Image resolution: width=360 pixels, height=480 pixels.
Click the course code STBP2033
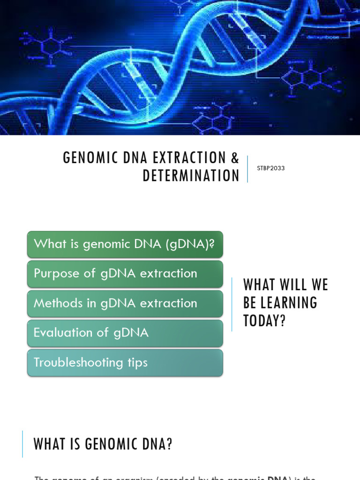coord(270,168)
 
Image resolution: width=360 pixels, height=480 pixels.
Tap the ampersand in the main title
coord(235,158)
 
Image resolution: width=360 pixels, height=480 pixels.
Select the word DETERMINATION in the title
coord(191,176)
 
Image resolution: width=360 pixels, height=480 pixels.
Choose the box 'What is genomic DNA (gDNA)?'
coord(125,244)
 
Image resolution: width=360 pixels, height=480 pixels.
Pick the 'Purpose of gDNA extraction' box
coord(125,274)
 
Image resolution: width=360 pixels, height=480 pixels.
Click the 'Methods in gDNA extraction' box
coord(125,303)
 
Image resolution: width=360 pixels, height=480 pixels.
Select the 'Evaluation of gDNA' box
coord(125,333)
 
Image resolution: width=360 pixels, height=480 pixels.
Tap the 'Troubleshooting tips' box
coord(125,362)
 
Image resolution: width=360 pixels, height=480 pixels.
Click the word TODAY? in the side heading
coord(264,321)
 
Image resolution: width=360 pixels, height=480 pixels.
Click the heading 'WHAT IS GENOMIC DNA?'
coord(103,444)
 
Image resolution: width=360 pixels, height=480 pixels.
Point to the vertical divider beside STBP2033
coord(247,169)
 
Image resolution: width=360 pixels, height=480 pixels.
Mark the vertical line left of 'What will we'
coord(232,304)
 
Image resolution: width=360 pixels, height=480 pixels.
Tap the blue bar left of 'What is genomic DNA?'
coord(22,444)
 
